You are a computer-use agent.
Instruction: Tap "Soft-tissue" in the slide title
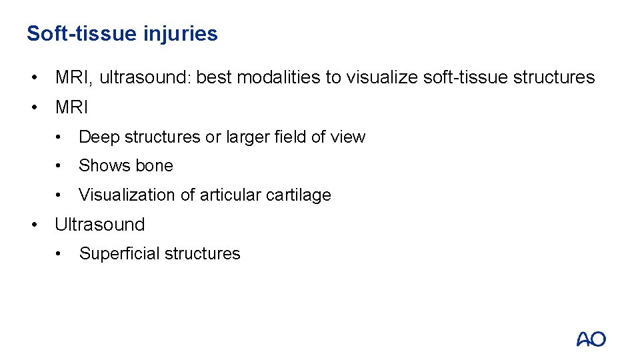tap(81, 34)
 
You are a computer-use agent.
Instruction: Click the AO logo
tap(591, 339)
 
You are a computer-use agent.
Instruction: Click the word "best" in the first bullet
tap(215, 77)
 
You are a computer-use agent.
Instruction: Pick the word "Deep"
tap(97, 137)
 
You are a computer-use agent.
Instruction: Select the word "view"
tap(347, 137)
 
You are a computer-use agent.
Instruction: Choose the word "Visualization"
tap(125, 195)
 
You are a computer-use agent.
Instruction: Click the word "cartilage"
tap(299, 195)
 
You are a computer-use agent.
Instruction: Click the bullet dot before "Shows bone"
tap(61, 166)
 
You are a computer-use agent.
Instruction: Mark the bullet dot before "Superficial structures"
tap(61, 254)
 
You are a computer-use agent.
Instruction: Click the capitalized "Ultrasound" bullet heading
tap(99, 224)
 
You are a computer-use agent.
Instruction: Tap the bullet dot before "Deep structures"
tap(61, 137)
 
